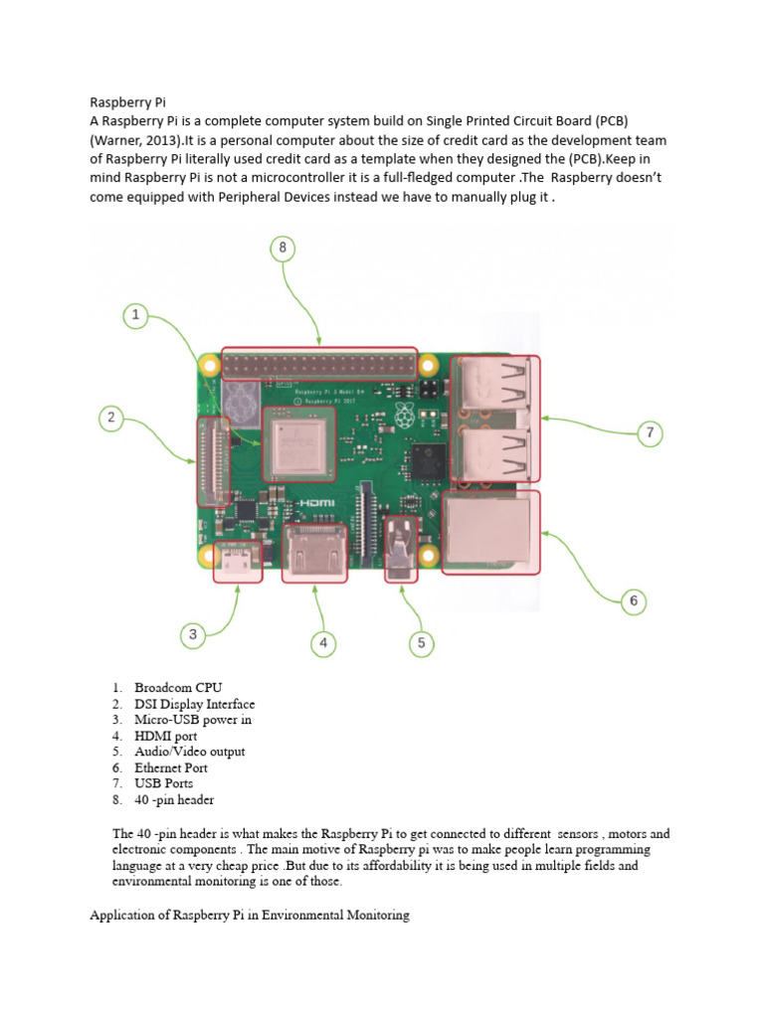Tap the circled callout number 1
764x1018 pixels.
136,317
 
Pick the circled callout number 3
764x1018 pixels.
194,633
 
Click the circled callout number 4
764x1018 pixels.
322,643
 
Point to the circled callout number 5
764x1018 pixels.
421,643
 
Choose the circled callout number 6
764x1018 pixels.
633,600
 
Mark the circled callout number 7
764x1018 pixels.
650,432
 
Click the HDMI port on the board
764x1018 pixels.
314,552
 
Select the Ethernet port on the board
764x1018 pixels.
492,534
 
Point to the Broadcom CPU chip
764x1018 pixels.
297,443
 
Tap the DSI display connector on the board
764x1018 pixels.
213,462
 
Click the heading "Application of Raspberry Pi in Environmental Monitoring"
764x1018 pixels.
250,915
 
